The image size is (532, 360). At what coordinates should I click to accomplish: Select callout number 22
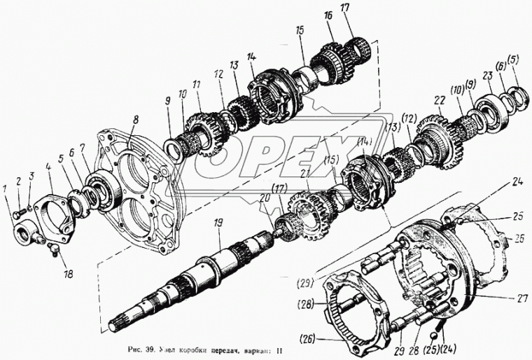tap(439, 101)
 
